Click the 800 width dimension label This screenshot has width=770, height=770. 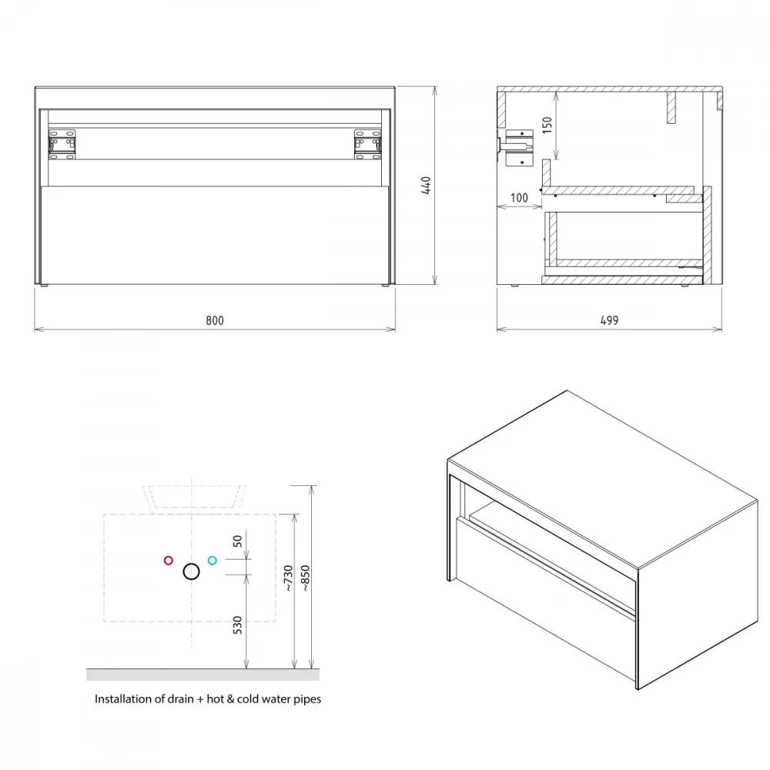[215, 320]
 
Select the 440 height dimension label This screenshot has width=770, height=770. [426, 185]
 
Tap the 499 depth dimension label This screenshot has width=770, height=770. [609, 320]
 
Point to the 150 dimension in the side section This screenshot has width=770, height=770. [547, 126]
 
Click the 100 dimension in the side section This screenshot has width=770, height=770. [519, 198]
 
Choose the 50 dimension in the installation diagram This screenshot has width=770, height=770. [237, 541]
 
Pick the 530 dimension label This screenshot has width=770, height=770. [237, 625]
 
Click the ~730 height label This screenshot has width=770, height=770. [288, 578]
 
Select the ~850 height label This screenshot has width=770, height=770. [305, 578]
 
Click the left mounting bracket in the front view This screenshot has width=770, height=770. [62, 145]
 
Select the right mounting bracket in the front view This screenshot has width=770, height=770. [368, 145]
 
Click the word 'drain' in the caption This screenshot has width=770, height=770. [181, 699]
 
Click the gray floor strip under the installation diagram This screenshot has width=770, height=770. [203, 675]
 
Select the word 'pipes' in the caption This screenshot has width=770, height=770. [307, 700]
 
